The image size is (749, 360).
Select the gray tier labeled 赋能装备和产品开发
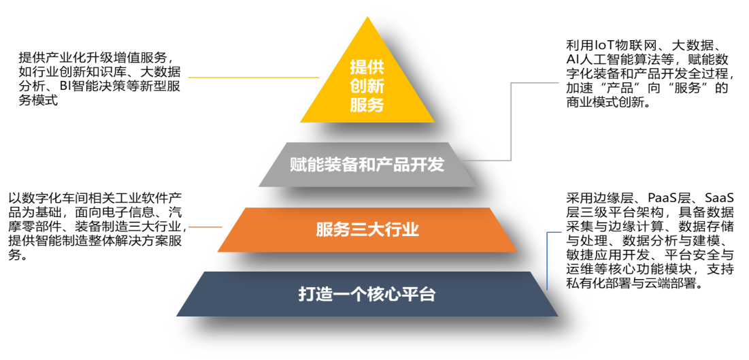tap(367, 165)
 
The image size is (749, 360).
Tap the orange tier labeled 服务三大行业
tap(367, 230)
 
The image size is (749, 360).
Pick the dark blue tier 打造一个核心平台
tap(367, 293)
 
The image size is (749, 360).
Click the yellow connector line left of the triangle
tap(254, 77)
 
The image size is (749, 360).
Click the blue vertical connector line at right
tap(548, 261)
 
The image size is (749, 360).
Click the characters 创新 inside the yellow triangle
tap(367, 86)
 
